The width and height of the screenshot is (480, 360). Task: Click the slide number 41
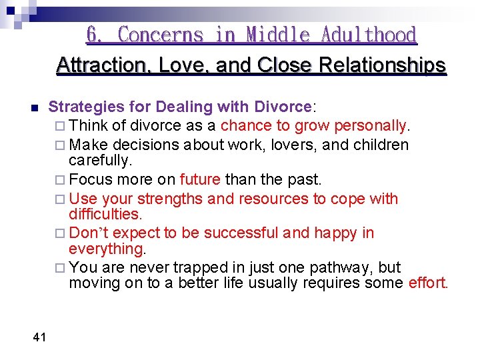39,337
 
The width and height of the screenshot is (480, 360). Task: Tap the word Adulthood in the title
369,35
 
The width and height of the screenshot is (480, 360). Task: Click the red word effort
427,283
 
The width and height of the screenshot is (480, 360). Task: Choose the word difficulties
105,214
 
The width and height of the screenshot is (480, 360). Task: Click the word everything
107,249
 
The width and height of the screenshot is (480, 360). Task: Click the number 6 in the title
93,35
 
